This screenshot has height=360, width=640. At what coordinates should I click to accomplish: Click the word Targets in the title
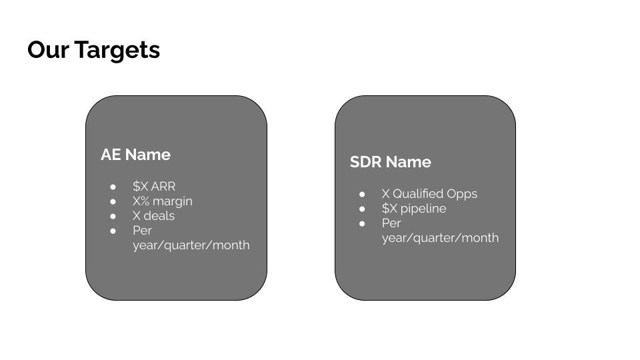(x=117, y=50)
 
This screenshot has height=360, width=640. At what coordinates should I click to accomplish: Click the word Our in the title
(x=48, y=50)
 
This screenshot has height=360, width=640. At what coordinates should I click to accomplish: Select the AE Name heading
(x=135, y=155)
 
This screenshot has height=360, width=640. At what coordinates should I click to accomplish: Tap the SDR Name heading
(x=390, y=162)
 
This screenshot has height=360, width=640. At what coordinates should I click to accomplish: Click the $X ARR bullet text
(x=154, y=186)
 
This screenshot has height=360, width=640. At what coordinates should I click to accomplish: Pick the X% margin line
(x=162, y=201)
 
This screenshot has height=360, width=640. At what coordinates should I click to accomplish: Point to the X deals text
(x=153, y=215)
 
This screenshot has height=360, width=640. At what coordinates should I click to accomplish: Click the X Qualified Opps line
(x=429, y=193)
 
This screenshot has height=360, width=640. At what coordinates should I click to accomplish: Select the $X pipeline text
(x=414, y=208)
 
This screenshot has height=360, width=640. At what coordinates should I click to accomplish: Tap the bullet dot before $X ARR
(x=113, y=187)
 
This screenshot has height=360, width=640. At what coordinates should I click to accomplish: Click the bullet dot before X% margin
(x=113, y=201)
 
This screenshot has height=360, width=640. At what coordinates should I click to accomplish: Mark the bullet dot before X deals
(x=113, y=216)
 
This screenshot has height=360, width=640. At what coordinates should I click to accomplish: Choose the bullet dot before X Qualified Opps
(x=362, y=194)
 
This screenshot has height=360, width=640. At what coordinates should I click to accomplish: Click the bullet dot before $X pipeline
(x=362, y=209)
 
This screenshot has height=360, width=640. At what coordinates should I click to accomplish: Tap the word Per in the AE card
(x=142, y=230)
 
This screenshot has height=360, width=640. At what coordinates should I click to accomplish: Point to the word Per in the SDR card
(x=391, y=223)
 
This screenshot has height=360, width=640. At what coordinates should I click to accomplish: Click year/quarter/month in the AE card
(x=191, y=245)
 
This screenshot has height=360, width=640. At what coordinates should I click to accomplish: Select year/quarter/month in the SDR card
(x=440, y=237)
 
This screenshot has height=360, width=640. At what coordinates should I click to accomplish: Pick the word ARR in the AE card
(x=163, y=186)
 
